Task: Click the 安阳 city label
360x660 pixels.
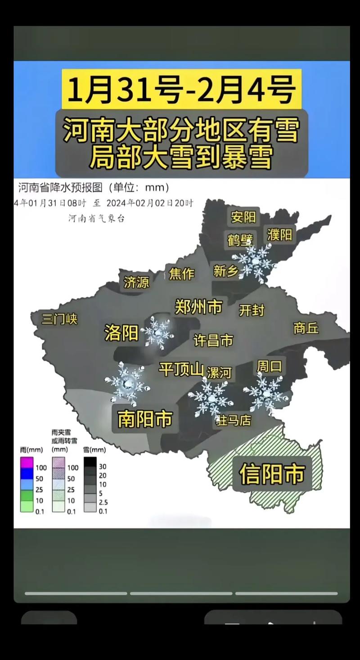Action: point(243,217)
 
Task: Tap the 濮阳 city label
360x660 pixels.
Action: point(279,234)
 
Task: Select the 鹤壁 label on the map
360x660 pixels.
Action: point(240,239)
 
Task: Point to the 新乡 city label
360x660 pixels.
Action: point(225,271)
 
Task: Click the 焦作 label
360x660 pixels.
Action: point(181,273)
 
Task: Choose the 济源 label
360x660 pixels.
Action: point(136,282)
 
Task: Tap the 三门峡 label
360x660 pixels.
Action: point(59,319)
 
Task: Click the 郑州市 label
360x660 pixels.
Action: point(198,307)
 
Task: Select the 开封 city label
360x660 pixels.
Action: point(252,310)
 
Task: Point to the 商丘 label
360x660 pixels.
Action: point(306,328)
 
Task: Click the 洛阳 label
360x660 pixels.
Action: point(121,333)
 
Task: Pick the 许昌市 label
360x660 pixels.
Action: point(213,340)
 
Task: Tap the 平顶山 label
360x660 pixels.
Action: point(181,369)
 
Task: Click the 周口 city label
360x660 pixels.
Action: point(269,366)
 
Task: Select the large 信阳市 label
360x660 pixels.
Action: point(272,473)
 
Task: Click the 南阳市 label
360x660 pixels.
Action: point(145,419)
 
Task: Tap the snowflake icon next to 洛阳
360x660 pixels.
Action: point(157,332)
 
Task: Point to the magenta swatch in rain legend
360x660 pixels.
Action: point(27,462)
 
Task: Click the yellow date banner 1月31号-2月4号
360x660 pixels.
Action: point(181,89)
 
